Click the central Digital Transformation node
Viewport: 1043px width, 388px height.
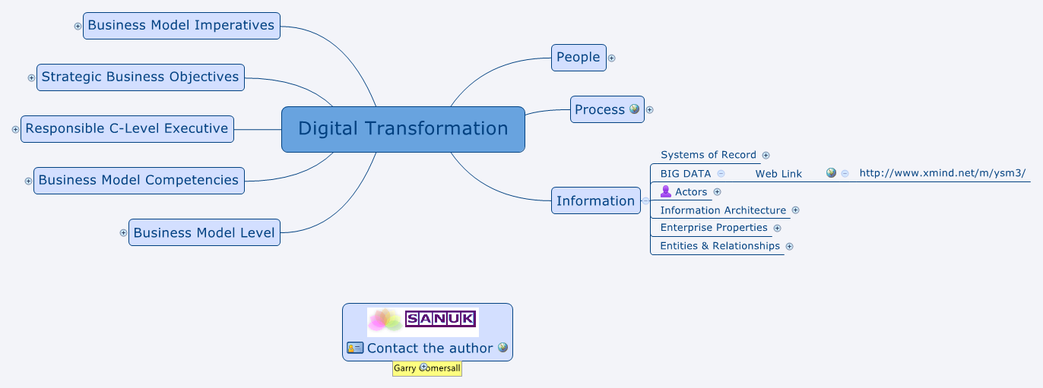(403, 129)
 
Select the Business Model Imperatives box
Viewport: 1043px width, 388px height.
(181, 26)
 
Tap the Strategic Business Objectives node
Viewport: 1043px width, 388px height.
(141, 77)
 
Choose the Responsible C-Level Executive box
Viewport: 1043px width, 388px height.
(127, 129)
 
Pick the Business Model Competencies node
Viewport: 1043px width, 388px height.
(139, 181)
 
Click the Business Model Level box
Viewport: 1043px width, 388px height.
(204, 232)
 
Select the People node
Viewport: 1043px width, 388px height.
(579, 58)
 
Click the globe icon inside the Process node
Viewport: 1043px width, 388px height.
(635, 109)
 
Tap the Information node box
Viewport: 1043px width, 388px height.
(595, 200)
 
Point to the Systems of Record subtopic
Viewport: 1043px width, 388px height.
(709, 155)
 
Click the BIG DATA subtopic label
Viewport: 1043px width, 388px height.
(686, 174)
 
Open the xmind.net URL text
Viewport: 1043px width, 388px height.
(943, 173)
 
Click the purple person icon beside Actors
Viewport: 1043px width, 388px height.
(666, 191)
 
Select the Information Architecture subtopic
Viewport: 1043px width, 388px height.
(723, 210)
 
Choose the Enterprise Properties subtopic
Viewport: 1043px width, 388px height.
(714, 228)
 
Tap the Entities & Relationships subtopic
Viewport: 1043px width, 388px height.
(720, 246)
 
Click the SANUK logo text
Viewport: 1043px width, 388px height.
(441, 319)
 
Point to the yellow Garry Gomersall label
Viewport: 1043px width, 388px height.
(427, 368)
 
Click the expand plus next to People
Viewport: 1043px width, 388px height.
(612, 58)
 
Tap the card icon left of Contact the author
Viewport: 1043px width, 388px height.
(355, 348)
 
